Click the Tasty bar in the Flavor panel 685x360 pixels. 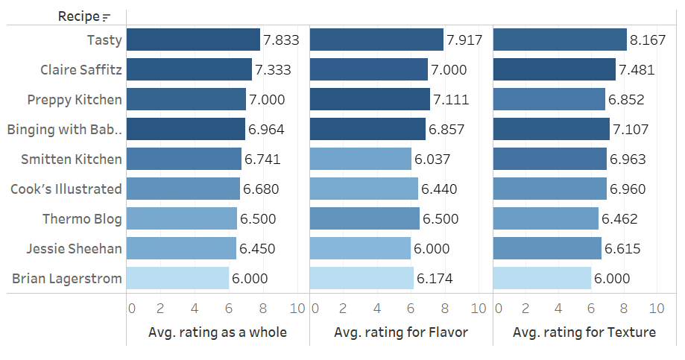tap(376, 40)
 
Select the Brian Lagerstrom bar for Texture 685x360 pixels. tap(542, 278)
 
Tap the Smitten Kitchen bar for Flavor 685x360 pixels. tap(361, 159)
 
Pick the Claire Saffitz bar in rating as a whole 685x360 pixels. tap(189, 69)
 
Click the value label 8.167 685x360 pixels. tap(648, 40)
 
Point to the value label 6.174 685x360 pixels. tap(435, 279)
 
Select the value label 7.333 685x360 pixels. tap(273, 70)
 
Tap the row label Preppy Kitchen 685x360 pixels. tap(75, 100)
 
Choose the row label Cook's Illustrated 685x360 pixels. tap(66, 189)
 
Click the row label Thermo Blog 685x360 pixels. tap(82, 219)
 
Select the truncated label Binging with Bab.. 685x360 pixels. tap(64, 130)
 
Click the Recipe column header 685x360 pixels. tap(79, 16)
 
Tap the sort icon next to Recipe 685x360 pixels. tap(106, 17)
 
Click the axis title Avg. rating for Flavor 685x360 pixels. tap(401, 332)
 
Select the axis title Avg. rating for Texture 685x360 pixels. tap(584, 332)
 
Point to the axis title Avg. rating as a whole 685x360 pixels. tap(218, 332)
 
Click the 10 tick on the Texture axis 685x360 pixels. tap(657, 308)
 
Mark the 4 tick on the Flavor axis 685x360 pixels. tap(377, 308)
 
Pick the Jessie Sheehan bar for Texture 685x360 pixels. tap(547, 248)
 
